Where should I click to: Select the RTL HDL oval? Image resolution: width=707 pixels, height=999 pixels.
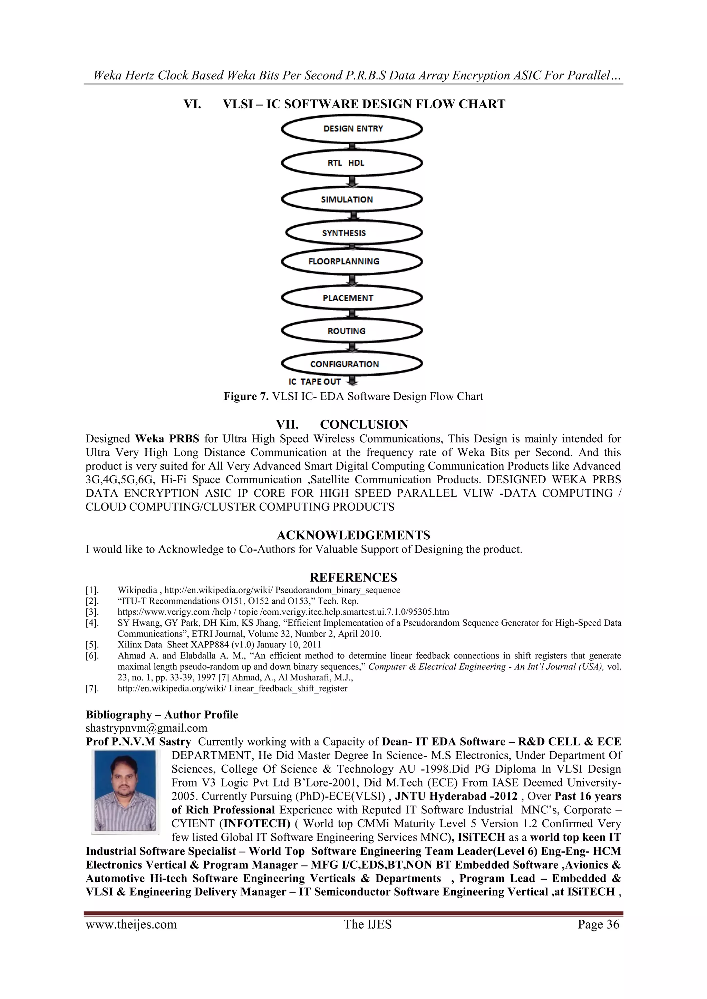tap(352, 163)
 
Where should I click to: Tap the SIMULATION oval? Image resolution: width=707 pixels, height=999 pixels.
tap(352, 199)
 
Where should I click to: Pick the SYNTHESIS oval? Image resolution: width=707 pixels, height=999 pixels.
tap(354, 233)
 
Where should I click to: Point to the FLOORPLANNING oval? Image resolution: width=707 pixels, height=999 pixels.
tap(352, 261)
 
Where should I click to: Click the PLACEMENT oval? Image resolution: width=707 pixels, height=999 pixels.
tap(352, 298)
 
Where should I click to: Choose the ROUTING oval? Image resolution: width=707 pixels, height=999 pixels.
tap(352, 331)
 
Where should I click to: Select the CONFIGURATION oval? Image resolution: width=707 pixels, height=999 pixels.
tap(352, 364)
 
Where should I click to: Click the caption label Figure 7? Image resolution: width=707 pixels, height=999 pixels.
tap(246, 396)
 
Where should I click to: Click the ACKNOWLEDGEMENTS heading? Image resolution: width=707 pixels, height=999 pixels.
tap(353, 535)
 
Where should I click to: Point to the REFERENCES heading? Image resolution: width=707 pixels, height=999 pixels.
tap(353, 577)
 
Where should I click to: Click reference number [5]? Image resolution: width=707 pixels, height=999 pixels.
tap(92, 645)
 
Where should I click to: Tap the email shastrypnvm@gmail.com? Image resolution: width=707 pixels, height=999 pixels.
tap(146, 728)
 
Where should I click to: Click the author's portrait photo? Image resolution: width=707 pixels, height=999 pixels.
tap(125, 791)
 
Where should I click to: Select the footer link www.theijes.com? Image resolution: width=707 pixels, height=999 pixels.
tap(131, 924)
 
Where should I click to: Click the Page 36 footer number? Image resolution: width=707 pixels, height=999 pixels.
tap(598, 924)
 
